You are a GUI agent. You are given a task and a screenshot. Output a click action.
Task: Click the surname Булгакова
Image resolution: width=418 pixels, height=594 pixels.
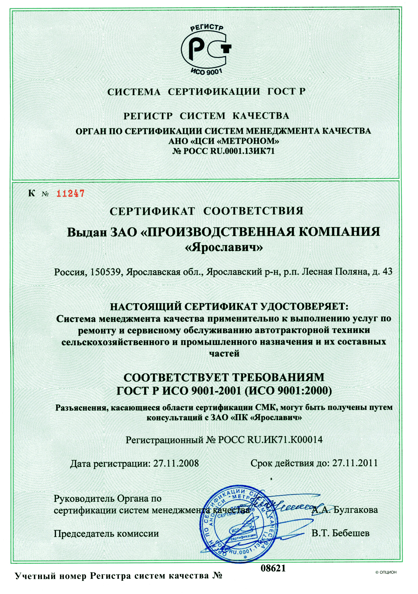coord(355,510)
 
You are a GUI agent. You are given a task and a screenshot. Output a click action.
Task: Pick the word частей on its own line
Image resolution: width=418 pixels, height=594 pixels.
coord(224,353)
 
